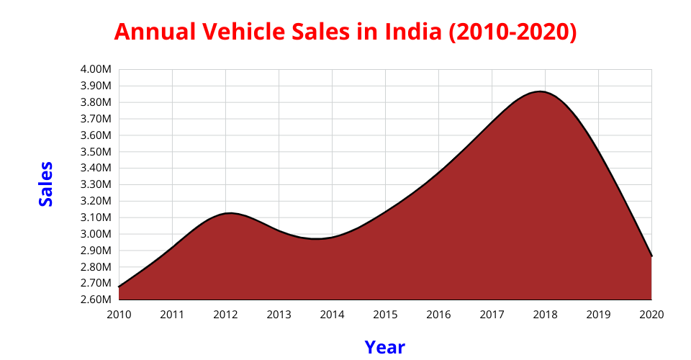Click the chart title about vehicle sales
click(345, 32)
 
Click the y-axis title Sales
click(46, 184)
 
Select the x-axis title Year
click(384, 347)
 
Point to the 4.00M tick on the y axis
click(96, 69)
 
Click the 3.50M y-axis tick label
click(96, 152)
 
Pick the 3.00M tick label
click(96, 234)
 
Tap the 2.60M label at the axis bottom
click(96, 300)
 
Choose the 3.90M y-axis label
click(96, 86)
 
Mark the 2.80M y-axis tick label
click(96, 267)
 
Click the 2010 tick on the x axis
click(119, 315)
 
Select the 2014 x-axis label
click(332, 315)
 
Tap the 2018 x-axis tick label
click(545, 315)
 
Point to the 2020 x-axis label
click(651, 315)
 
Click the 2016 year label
click(438, 315)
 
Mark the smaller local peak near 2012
click(229, 213)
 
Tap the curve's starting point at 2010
click(119, 287)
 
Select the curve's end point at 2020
click(651, 256)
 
